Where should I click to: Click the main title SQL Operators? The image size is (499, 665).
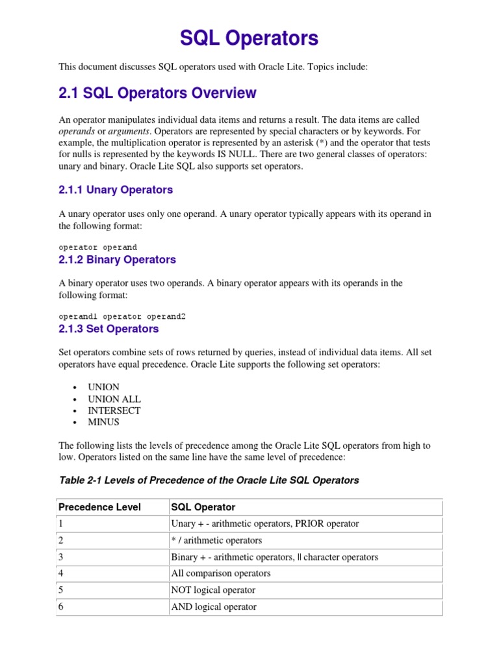click(x=249, y=39)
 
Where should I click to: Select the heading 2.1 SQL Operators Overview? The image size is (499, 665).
click(x=157, y=94)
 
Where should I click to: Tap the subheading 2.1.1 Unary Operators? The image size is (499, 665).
click(x=116, y=190)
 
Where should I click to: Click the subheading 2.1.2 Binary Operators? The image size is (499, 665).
click(x=117, y=260)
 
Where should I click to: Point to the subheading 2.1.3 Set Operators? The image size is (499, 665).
click(x=109, y=329)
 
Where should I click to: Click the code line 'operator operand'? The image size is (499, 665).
click(x=97, y=247)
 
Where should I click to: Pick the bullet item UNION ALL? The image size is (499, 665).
click(x=114, y=399)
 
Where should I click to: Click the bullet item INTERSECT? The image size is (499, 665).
click(x=114, y=410)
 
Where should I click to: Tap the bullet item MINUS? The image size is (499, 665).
click(x=104, y=422)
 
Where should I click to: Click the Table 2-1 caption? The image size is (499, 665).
click(x=209, y=481)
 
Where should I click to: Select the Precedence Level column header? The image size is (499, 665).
click(x=99, y=507)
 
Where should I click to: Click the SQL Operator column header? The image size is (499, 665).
click(x=203, y=507)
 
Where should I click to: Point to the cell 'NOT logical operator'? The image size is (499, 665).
click(x=213, y=590)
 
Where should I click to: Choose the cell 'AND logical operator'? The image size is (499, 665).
click(x=214, y=607)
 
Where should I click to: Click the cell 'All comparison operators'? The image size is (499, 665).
click(x=221, y=573)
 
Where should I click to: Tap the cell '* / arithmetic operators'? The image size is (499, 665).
click(x=216, y=540)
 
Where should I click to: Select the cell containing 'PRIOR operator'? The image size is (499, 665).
click(x=264, y=523)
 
